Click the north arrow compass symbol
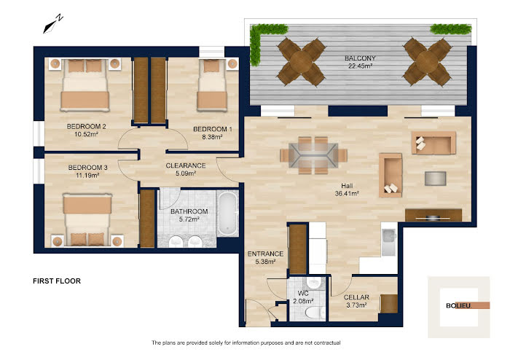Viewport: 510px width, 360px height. click(x=52, y=24)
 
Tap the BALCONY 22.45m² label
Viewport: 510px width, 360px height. click(x=360, y=62)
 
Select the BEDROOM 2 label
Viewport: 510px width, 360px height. click(x=86, y=126)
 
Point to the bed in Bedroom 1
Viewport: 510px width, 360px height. click(x=212, y=85)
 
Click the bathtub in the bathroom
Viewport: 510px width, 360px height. click(x=227, y=214)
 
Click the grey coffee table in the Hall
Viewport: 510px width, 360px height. click(x=435, y=179)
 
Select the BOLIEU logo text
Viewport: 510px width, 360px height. click(x=458, y=305)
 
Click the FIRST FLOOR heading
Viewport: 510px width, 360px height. click(x=57, y=281)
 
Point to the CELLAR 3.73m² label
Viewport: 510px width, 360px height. click(x=356, y=301)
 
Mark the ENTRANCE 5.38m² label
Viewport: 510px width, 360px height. click(x=265, y=257)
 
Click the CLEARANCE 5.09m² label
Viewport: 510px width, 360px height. click(x=186, y=169)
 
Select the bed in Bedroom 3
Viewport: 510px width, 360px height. click(x=87, y=219)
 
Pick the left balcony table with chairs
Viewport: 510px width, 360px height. click(x=301, y=62)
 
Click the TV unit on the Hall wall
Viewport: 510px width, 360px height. click(x=433, y=215)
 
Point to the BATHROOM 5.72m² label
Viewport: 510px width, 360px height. click(x=189, y=215)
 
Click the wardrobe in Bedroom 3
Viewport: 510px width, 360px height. click(x=147, y=218)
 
